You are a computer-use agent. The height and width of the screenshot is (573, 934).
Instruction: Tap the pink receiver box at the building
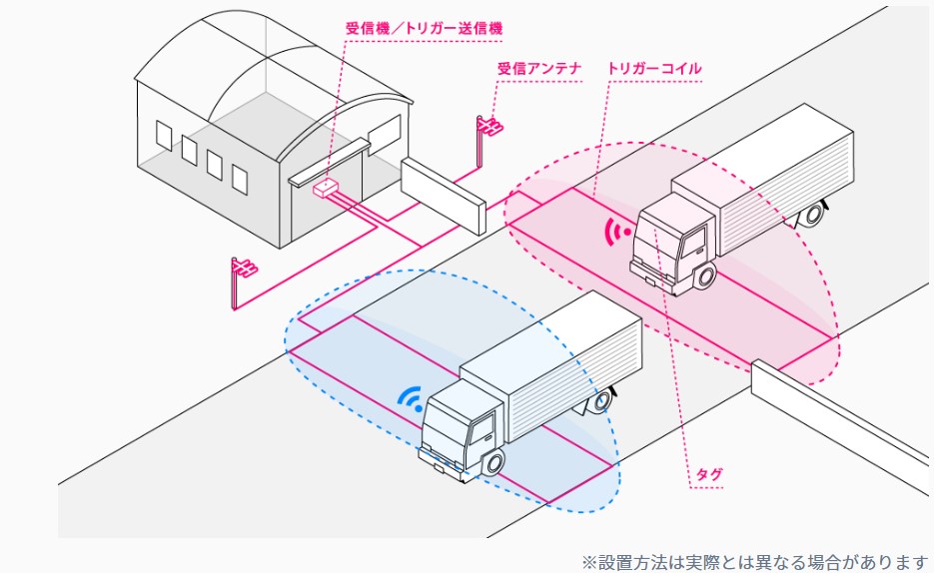tap(326, 187)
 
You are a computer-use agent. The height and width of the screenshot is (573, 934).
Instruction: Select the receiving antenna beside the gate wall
tap(488, 127)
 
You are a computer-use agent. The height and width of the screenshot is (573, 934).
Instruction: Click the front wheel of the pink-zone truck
tap(706, 275)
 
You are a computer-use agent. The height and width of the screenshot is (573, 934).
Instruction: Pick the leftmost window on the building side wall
tap(164, 135)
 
